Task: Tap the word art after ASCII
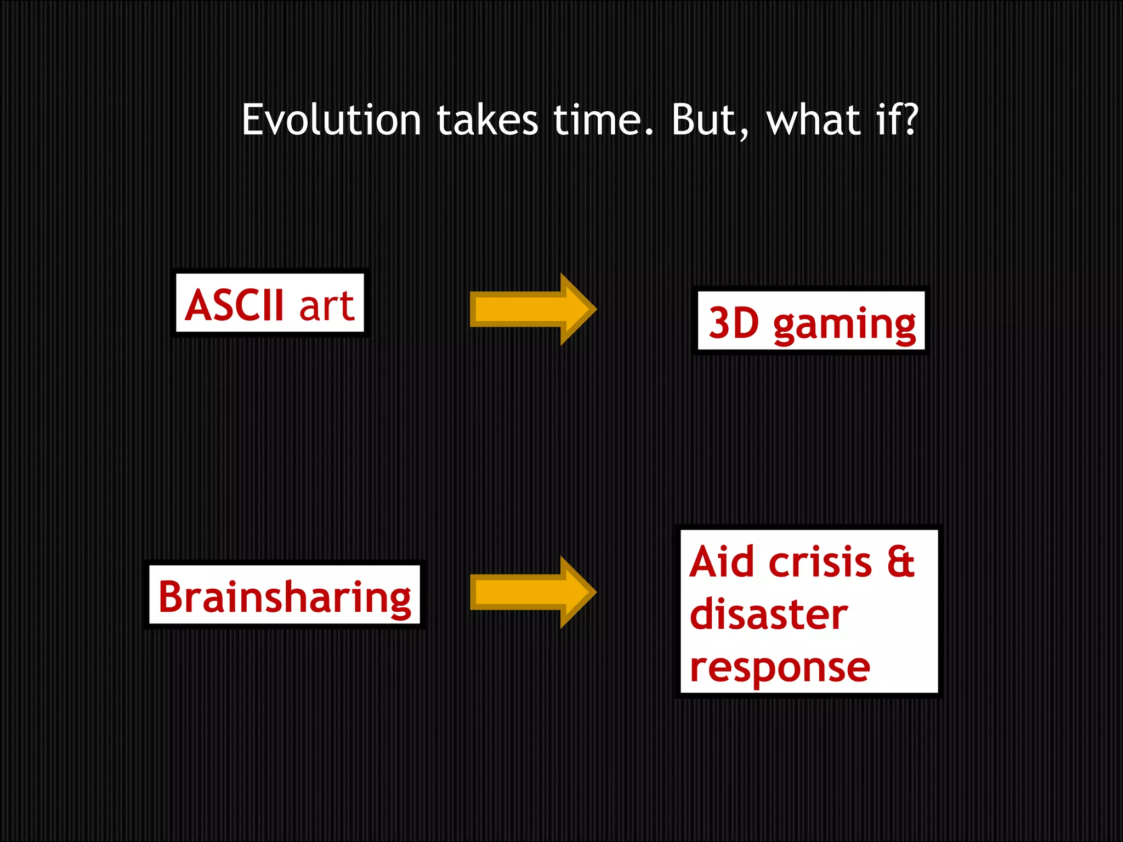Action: [327, 306]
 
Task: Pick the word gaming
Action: [844, 325]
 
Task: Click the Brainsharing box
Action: [285, 596]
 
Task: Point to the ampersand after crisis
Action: [901, 561]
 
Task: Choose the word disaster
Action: [769, 614]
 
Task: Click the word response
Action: [780, 668]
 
